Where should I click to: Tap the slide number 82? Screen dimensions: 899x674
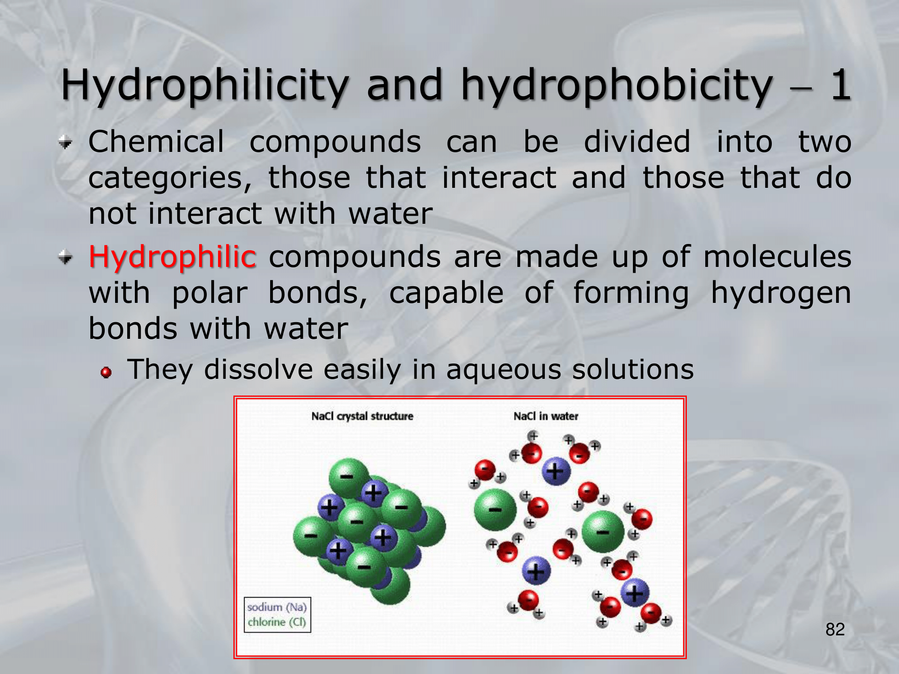coord(835,630)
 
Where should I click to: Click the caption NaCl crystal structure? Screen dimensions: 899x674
coord(362,417)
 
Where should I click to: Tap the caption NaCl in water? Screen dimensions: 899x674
coord(546,417)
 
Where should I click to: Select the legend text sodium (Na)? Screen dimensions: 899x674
coord(277,607)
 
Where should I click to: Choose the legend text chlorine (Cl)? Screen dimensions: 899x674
coord(277,622)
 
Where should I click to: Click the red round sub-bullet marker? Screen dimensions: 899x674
coord(106,372)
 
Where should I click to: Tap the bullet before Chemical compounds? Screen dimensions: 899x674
coord(66,143)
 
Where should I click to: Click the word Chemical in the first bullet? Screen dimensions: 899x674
coord(156,142)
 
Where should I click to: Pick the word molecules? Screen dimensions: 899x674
coord(777,257)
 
